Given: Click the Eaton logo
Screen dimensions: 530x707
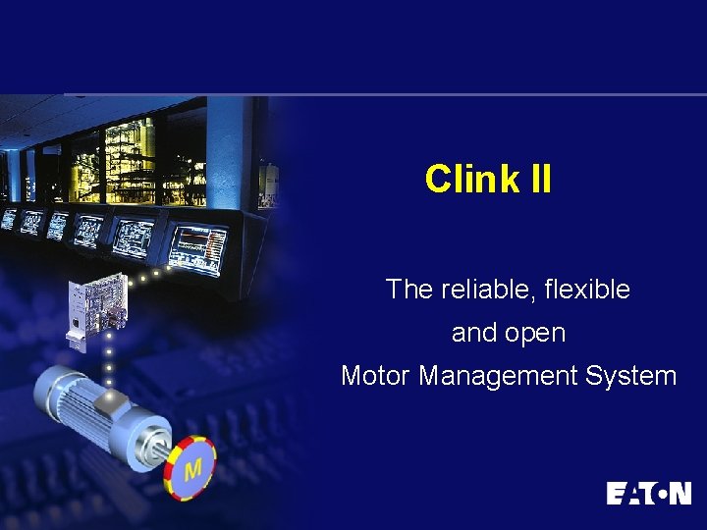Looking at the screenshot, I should click(x=648, y=493).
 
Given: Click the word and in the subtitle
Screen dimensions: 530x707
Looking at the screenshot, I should click(x=473, y=334).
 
